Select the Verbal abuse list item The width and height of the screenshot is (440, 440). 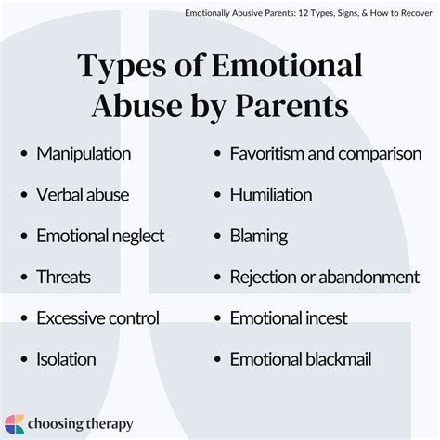pos(83,196)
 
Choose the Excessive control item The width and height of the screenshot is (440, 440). pos(97,318)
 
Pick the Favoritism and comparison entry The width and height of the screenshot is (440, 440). pos(326,154)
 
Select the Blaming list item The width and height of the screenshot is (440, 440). pos(259,237)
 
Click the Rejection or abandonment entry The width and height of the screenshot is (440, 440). pos(324,278)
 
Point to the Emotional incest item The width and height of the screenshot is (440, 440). pos(289,318)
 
